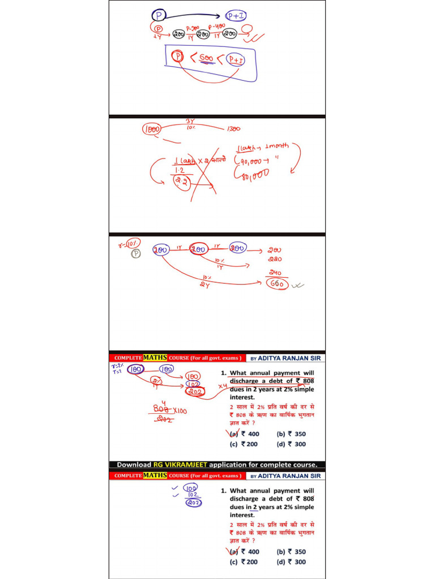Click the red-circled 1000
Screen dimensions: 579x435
coord(152,129)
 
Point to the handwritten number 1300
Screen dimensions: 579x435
coord(233,129)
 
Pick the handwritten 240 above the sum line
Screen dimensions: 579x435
coord(276,273)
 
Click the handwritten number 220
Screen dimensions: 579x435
coord(275,260)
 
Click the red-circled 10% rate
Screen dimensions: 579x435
coord(133,244)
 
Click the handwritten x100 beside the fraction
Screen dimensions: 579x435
coord(180,409)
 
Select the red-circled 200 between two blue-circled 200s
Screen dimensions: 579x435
coord(199,248)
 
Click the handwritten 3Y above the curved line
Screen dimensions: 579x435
coord(190,121)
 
